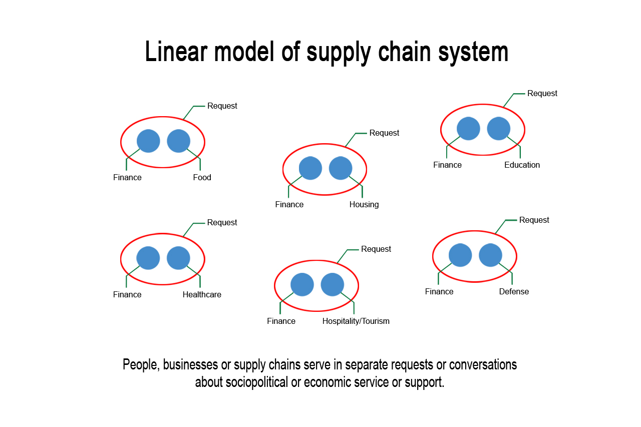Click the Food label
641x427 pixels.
202,178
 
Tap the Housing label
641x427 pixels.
364,205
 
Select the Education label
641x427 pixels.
522,165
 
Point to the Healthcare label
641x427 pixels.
202,295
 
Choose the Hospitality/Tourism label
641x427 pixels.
356,321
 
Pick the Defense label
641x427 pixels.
514,292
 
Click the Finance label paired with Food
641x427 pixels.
127,178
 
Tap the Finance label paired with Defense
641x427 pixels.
439,292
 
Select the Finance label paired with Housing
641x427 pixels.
289,205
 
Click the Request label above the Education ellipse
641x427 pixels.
542,94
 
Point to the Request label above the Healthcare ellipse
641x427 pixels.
222,223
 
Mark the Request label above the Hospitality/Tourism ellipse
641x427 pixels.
376,249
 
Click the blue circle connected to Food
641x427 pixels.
178,141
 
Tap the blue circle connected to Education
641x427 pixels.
498,129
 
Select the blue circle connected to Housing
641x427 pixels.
341,168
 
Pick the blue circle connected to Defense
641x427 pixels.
490,255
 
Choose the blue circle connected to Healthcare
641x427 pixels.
178,258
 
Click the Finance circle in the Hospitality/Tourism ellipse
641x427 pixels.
302,284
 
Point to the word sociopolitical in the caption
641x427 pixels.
257,382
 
